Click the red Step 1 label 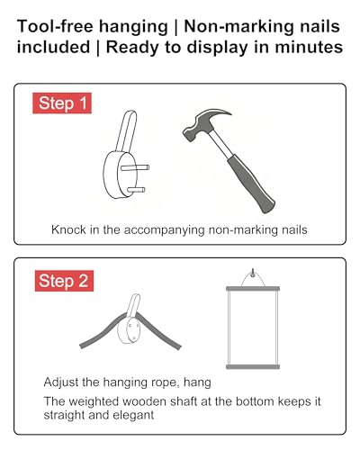(x=62, y=103)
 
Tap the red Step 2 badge (x=64, y=281)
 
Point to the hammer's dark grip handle (x=251, y=185)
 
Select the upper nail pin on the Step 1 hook (x=135, y=167)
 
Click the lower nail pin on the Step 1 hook (x=136, y=190)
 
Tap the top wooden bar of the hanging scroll (x=253, y=289)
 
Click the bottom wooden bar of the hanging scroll (x=253, y=366)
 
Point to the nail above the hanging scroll (x=253, y=273)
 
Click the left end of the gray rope (x=82, y=346)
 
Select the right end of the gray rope (x=179, y=347)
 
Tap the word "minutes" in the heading (x=309, y=48)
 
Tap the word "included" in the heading (x=53, y=48)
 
